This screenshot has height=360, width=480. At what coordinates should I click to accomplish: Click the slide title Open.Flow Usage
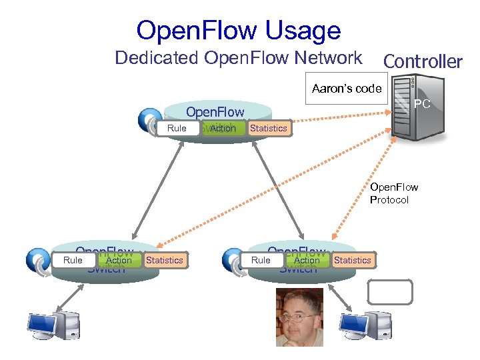(x=238, y=31)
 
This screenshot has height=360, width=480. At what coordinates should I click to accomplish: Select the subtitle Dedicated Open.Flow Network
(x=238, y=58)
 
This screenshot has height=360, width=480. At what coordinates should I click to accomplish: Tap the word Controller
(x=422, y=61)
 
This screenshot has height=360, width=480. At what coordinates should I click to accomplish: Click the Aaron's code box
(x=346, y=89)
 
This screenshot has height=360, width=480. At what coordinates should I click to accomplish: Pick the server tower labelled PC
(x=412, y=107)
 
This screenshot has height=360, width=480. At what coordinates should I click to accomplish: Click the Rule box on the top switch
(x=177, y=128)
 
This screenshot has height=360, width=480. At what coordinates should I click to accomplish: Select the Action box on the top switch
(x=222, y=128)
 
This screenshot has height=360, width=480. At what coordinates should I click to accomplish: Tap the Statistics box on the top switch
(x=268, y=128)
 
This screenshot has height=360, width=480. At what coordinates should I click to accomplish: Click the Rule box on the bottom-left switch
(x=73, y=260)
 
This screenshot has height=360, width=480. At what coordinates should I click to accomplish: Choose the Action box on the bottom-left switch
(x=119, y=260)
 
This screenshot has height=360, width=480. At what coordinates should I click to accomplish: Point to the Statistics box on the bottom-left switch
(x=164, y=260)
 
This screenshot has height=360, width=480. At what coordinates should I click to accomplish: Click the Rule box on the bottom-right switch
(x=261, y=260)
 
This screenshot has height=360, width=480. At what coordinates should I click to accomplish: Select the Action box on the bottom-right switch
(x=307, y=260)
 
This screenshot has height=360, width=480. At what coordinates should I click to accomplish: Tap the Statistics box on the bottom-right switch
(x=353, y=260)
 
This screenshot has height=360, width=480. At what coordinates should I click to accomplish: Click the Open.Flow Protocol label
(x=394, y=193)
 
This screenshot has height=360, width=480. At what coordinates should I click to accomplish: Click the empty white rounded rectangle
(x=390, y=292)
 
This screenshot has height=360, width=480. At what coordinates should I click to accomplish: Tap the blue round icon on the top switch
(x=149, y=121)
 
